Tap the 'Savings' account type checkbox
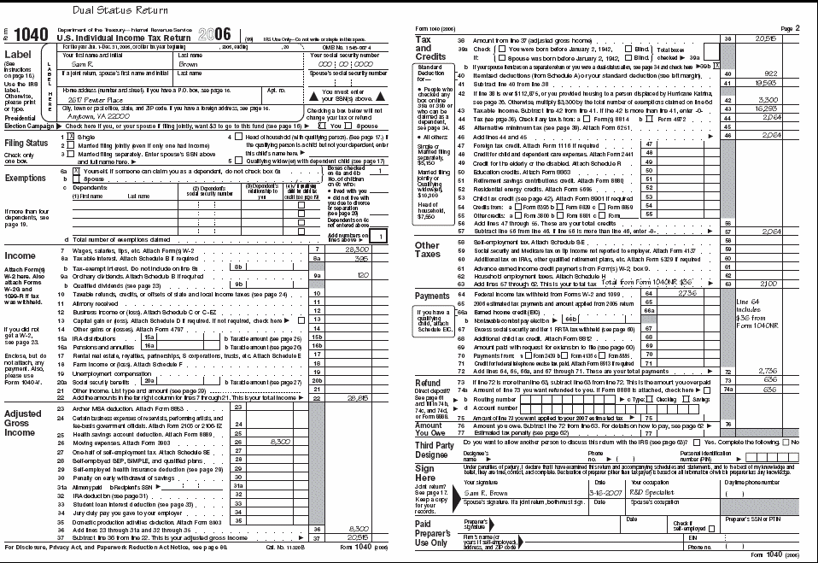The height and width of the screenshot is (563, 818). tap(689, 399)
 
